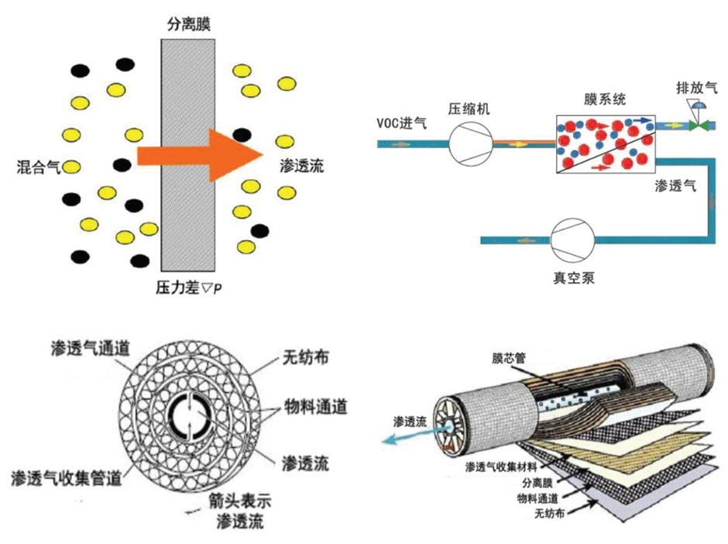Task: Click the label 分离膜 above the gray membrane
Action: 188,24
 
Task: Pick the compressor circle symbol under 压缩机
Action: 471,143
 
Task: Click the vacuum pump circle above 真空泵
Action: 572,239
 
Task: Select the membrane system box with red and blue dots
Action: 606,144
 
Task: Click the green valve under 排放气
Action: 699,124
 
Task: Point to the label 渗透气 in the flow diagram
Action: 675,185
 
